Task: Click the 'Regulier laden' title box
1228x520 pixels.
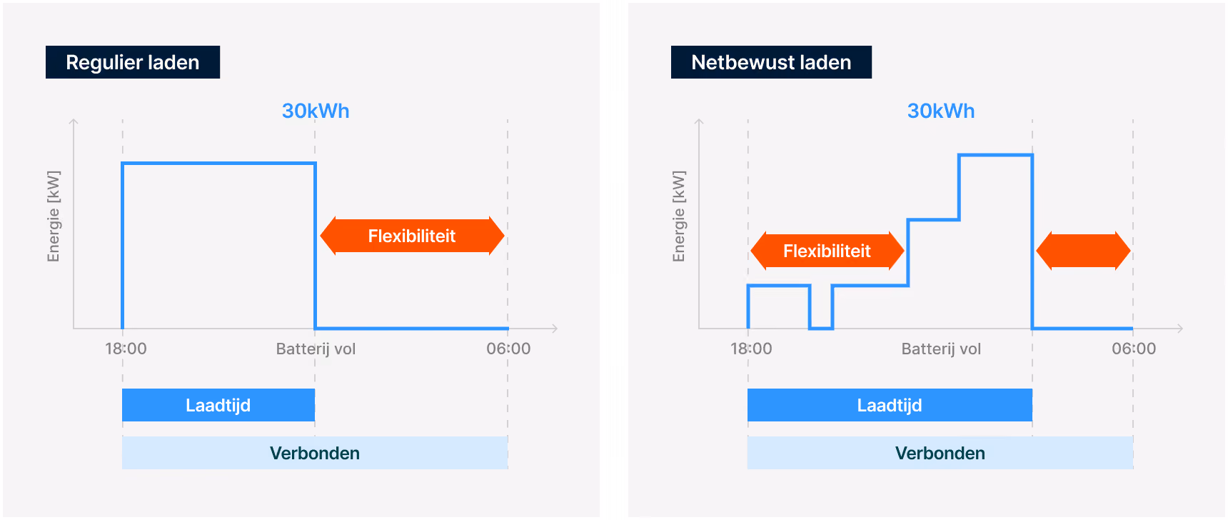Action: (133, 62)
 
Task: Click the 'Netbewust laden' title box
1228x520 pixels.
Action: (771, 62)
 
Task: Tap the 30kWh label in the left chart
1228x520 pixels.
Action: (316, 111)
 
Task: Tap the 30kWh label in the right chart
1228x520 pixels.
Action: (941, 111)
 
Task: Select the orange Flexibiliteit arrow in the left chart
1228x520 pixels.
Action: (412, 236)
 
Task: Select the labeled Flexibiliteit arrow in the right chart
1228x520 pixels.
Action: (827, 251)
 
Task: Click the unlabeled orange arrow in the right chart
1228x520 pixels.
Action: (1083, 251)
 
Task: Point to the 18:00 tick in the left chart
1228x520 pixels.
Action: (126, 349)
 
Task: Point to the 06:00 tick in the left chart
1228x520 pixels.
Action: (508, 349)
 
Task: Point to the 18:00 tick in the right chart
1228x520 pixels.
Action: (751, 349)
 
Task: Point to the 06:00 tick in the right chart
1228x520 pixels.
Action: (1134, 349)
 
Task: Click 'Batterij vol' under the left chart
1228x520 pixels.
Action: (316, 349)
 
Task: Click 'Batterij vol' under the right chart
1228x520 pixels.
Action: (941, 349)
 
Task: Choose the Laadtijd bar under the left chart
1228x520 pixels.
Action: (218, 405)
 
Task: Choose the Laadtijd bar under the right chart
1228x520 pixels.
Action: (890, 405)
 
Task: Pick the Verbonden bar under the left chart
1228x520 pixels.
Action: (315, 453)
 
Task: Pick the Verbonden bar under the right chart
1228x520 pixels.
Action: (940, 453)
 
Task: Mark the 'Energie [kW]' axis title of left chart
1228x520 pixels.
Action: (54, 216)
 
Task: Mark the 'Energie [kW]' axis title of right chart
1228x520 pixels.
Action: (679, 216)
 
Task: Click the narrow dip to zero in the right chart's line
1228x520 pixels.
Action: (821, 328)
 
